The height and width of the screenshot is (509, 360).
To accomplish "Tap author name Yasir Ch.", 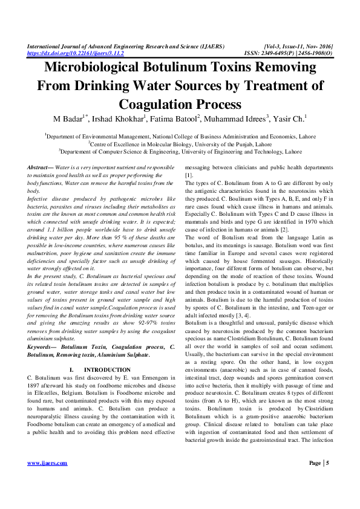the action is tap(290, 117).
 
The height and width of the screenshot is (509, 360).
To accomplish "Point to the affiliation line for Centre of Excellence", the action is tap(180, 145).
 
